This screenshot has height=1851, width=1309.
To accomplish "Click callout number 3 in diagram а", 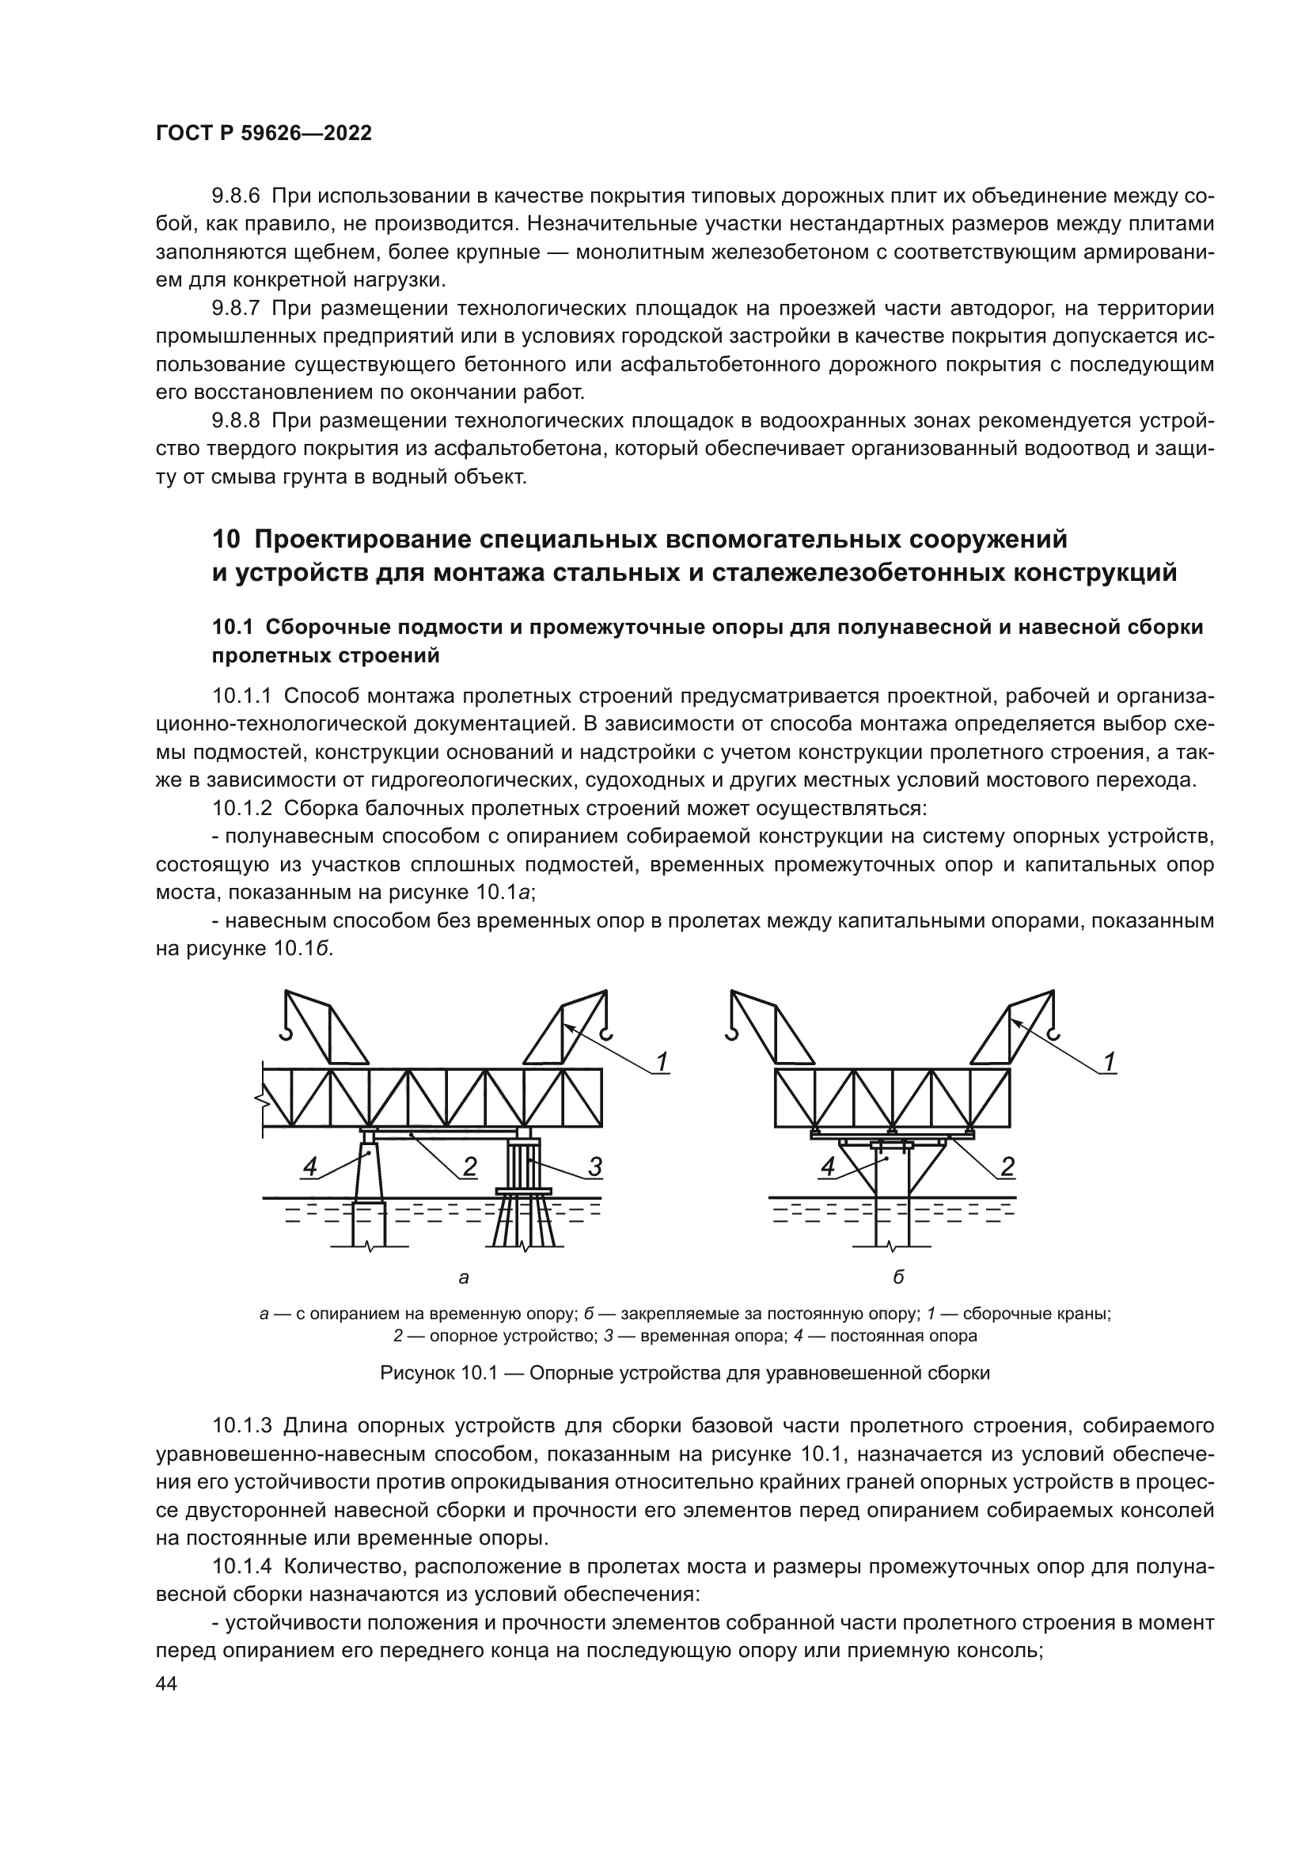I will point(594,1166).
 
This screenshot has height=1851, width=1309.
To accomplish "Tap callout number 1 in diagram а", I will point(662,1062).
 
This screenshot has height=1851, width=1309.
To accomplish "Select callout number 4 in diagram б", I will point(827,1166).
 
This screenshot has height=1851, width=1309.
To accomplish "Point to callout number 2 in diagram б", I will point(1007,1166).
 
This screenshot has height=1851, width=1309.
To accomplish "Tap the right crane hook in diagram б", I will point(1052,1033).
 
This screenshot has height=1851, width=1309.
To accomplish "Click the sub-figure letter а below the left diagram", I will point(464,1277).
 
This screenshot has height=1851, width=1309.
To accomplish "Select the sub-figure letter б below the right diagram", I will point(899,1277).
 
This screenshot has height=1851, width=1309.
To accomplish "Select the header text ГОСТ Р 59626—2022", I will point(264,134).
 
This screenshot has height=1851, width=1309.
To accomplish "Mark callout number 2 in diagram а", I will point(469,1166).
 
